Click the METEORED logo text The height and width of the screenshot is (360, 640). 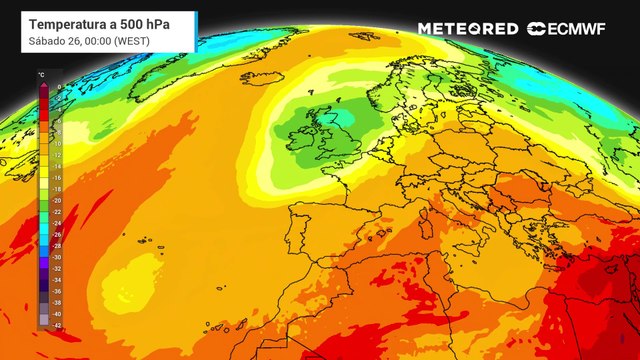(x=467, y=29)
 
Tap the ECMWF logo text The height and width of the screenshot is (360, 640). (x=575, y=29)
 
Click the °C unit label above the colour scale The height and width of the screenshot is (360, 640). (x=41, y=76)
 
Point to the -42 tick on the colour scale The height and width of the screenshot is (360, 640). (x=57, y=325)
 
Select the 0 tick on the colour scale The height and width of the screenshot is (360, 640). (x=58, y=87)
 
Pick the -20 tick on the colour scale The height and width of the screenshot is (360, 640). (x=57, y=200)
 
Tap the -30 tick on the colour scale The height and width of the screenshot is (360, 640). (x=57, y=257)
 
